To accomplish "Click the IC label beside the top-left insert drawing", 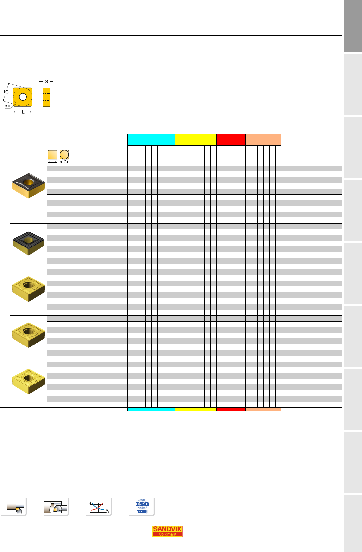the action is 6,92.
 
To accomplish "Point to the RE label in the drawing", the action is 7,107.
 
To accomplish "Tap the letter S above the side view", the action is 46,82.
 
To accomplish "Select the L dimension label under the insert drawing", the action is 23,112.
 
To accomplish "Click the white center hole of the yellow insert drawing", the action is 23,97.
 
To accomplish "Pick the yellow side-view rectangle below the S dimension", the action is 46,97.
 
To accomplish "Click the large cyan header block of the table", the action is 151,140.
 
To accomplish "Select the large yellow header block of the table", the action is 196,140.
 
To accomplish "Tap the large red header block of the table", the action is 231,140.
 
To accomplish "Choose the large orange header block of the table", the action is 263,140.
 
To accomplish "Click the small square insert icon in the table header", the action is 53,155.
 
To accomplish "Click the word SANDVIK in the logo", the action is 167,529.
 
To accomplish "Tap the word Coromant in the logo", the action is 167,534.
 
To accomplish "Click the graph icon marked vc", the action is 99,507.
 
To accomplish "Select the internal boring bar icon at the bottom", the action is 56,507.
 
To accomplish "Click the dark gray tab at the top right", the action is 353,26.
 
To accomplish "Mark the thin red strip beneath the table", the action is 231,409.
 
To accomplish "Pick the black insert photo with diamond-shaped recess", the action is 28,243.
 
